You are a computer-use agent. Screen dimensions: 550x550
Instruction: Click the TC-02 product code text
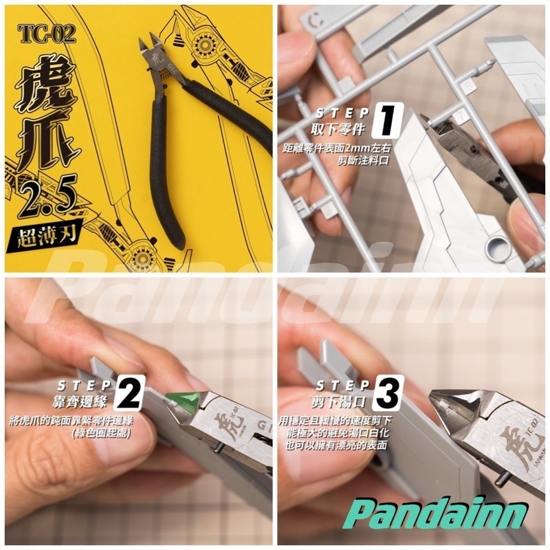(47, 33)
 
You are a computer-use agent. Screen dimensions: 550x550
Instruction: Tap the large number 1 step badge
(387, 120)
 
